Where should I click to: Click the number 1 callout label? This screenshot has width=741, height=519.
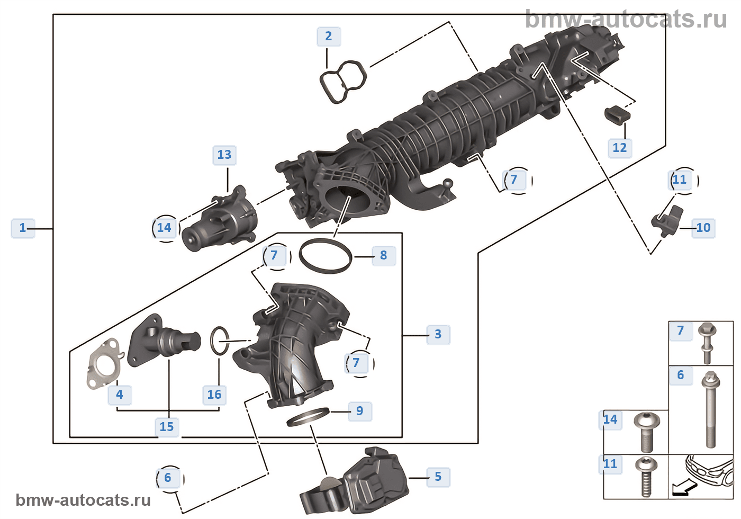click(x=23, y=228)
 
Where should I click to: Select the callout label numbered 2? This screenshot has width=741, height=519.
click(x=329, y=37)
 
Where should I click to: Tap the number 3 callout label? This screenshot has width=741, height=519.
click(x=438, y=335)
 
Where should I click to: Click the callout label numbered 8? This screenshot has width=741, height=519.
click(x=384, y=256)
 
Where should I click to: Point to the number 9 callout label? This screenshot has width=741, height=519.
click(x=360, y=411)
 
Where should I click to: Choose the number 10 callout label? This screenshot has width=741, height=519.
click(x=703, y=228)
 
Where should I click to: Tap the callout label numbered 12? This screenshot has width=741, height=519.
click(x=619, y=148)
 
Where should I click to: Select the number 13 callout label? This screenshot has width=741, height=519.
click(x=224, y=155)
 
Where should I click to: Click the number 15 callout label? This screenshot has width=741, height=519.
click(x=167, y=427)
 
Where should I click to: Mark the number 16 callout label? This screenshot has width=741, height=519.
click(x=214, y=395)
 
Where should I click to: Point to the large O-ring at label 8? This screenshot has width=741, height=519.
click(x=326, y=256)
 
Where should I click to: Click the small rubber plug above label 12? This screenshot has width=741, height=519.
click(x=617, y=114)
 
